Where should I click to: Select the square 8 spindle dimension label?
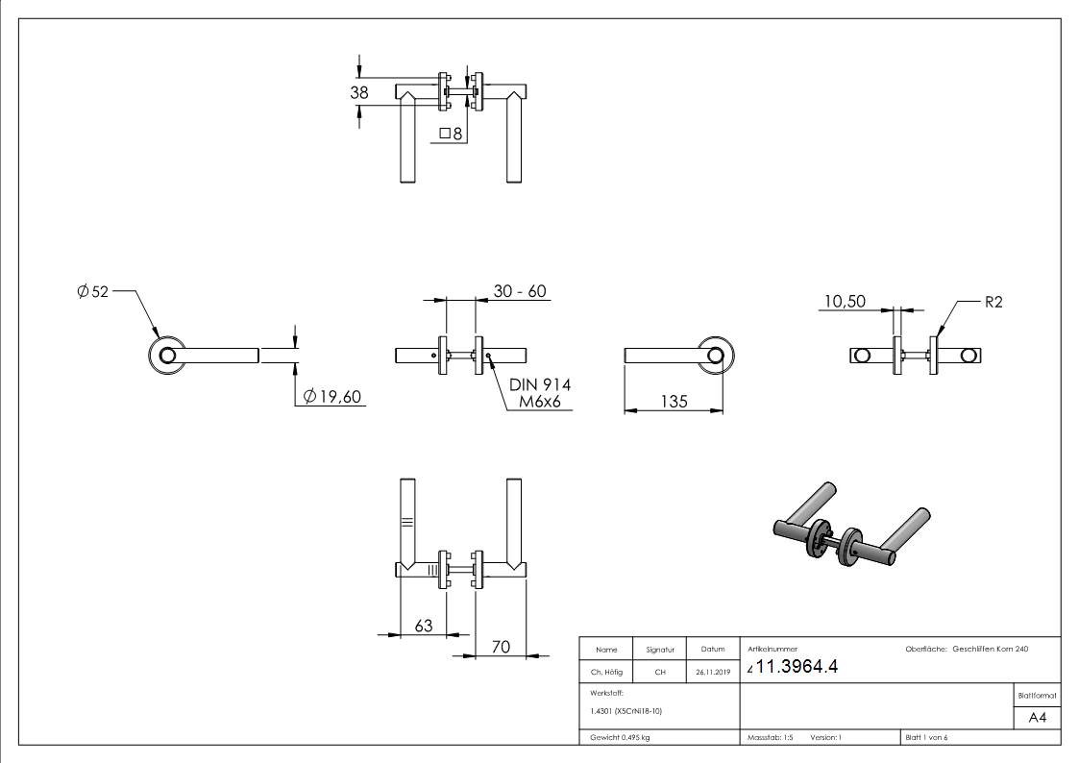(451, 134)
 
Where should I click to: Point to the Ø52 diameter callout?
(93, 291)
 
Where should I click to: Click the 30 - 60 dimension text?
(520, 291)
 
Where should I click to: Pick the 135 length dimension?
(674, 401)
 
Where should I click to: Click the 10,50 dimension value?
(844, 302)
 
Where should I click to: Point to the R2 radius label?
(993, 302)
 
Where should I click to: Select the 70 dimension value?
(501, 647)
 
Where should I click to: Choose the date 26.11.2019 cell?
(712, 673)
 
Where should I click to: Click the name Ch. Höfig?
(605, 673)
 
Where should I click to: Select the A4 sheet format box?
(1037, 718)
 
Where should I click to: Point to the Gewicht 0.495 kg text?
(620, 737)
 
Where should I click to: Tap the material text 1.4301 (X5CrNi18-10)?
(626, 710)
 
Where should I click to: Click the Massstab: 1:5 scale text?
(770, 737)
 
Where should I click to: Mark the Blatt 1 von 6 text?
(926, 737)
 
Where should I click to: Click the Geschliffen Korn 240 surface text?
(990, 650)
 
